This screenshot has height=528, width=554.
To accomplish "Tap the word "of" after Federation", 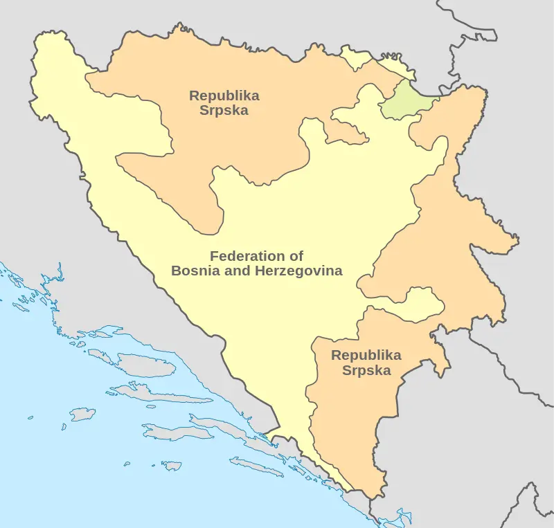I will pos(296,256).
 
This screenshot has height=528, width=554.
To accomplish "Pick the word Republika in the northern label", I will pos(224,95).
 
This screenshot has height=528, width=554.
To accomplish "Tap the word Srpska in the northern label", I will pos(224,111).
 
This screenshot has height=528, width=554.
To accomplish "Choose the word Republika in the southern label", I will pos(366,355).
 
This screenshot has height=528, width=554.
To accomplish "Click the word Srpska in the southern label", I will pos(366,370).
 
